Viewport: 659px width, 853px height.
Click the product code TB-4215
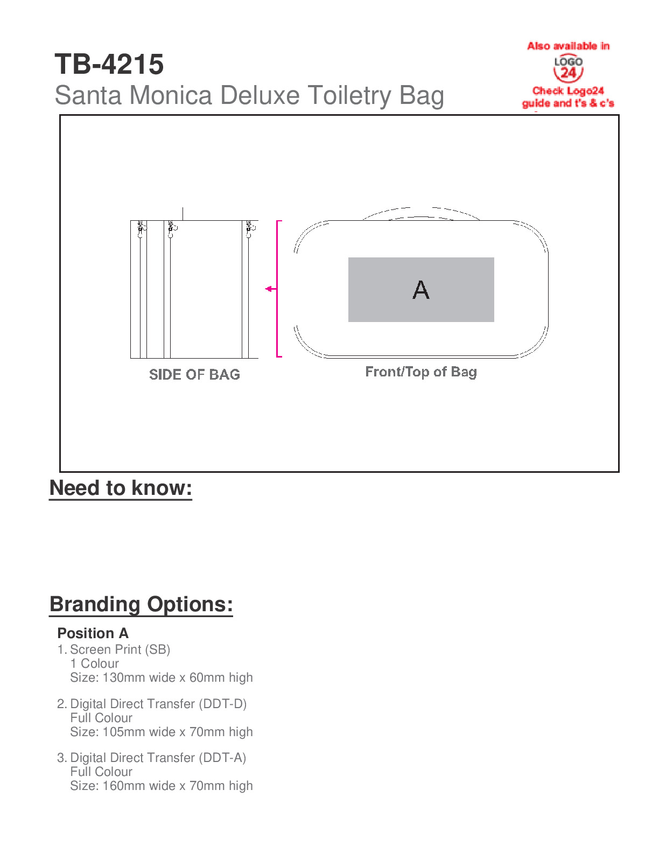(109, 65)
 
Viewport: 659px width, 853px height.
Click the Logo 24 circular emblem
(568, 68)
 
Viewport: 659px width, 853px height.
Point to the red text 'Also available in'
(568, 46)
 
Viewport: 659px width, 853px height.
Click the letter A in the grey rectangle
(421, 290)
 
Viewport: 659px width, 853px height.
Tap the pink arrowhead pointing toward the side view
(269, 289)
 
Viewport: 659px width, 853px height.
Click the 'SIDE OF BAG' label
(194, 375)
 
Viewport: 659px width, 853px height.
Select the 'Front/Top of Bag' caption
(421, 372)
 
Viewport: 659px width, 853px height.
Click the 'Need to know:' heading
(121, 488)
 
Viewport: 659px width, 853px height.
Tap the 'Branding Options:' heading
(141, 604)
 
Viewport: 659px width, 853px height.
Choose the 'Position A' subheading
(93, 633)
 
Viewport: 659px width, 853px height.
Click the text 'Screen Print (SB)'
(120, 650)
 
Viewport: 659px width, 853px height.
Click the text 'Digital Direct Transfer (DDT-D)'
(158, 704)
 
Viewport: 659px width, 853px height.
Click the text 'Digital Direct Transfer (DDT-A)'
(158, 758)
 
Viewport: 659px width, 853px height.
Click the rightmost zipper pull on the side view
(249, 229)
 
